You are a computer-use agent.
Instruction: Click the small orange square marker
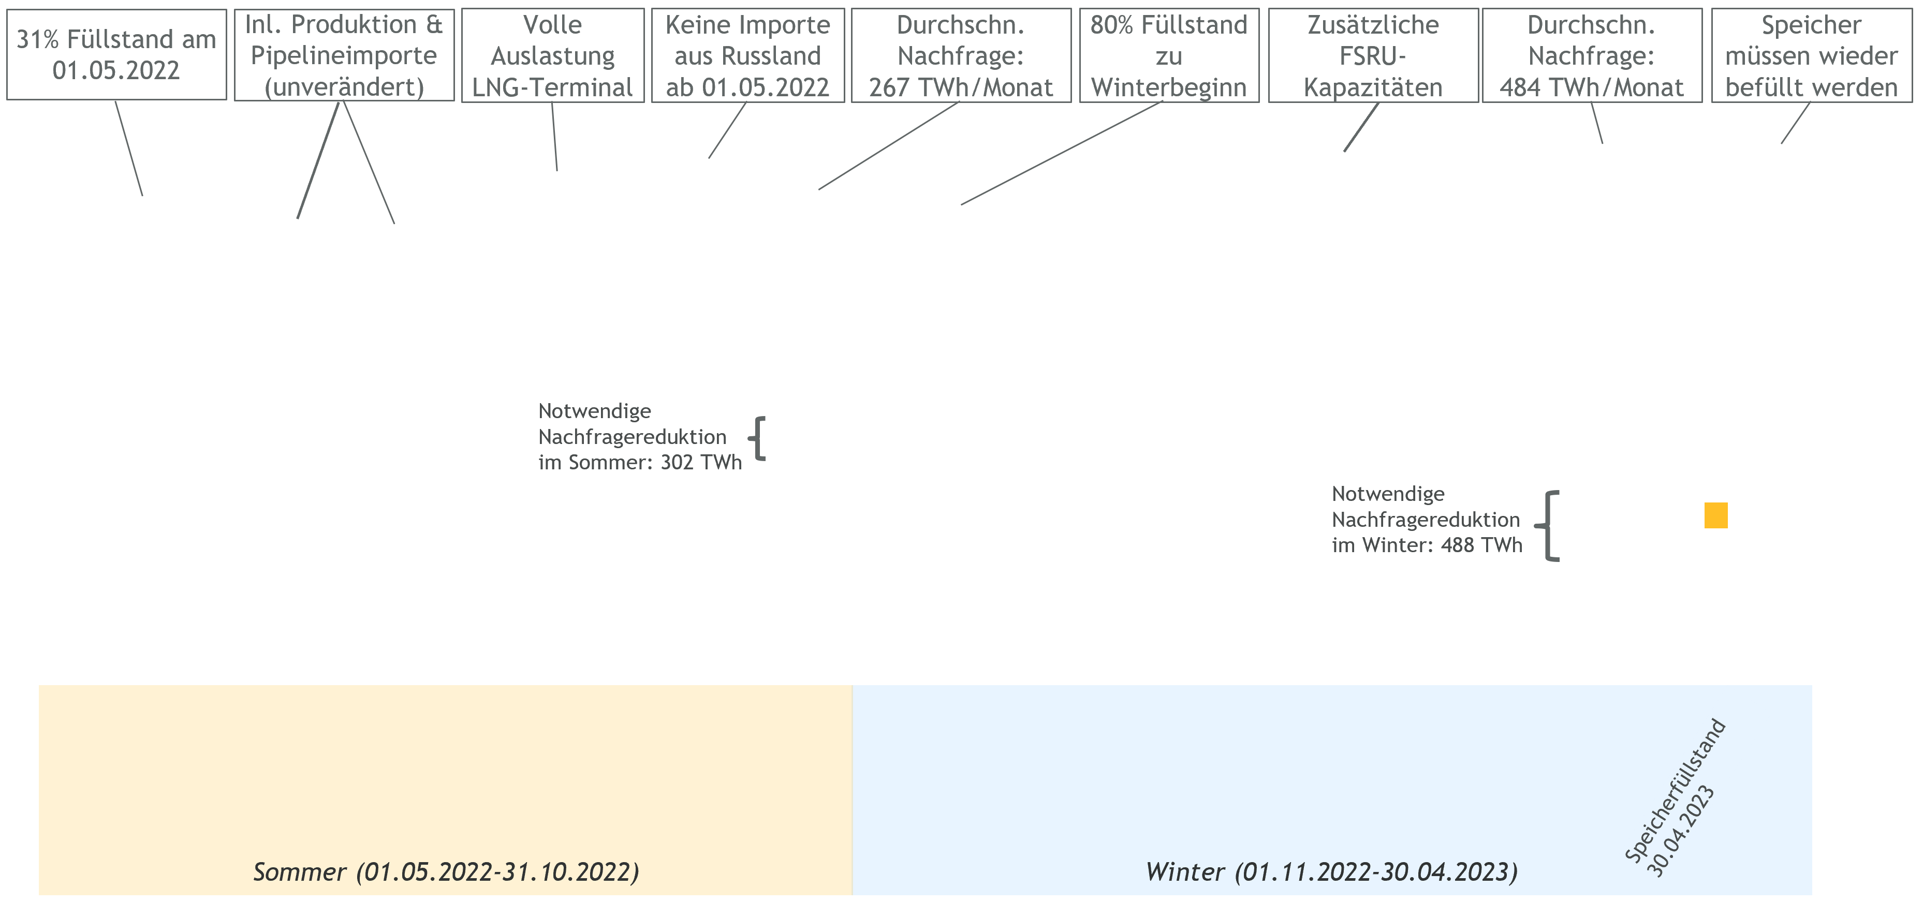(1716, 515)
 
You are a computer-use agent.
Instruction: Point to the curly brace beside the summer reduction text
(757, 438)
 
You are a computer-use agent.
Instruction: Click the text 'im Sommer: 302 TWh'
(640, 463)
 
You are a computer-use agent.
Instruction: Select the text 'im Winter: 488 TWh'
(1427, 545)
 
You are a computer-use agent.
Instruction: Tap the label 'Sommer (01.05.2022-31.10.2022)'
(446, 871)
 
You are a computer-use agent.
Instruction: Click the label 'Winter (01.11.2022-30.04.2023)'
(1332, 871)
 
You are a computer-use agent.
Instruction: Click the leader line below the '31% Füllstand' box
(128, 149)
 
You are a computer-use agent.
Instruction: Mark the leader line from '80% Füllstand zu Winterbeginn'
(1062, 153)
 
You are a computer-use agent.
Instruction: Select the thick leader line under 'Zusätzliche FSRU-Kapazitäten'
(1361, 127)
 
